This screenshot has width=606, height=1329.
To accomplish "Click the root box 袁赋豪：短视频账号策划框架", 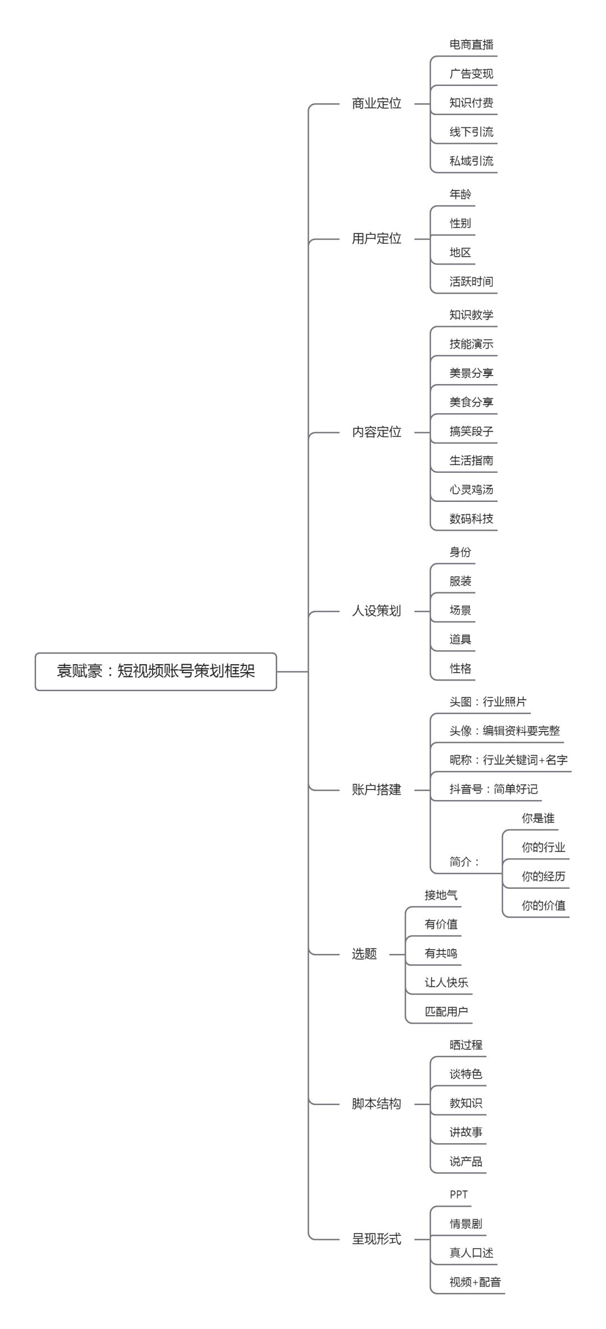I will (155, 671).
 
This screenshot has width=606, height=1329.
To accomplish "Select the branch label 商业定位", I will (377, 103).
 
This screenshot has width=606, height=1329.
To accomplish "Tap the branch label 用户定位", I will (377, 239).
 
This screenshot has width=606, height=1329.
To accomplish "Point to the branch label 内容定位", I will (377, 432).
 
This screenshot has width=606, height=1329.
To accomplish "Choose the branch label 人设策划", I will (377, 611).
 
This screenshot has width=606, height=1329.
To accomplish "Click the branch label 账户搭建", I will (377, 789).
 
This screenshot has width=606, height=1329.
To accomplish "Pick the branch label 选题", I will (364, 953).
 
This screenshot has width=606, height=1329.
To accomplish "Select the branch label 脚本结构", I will (377, 1104).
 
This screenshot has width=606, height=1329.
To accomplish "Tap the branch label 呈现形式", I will (377, 1239).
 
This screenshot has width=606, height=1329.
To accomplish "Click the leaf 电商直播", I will (471, 44).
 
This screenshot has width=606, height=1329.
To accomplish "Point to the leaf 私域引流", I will (471, 161).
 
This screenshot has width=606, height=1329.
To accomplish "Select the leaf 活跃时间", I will (471, 281).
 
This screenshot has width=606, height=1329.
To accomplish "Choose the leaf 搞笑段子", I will (471, 431).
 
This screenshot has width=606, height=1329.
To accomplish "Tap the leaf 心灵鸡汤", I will (471, 490).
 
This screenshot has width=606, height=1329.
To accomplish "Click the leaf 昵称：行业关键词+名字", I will (508, 760).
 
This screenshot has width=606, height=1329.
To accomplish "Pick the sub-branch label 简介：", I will (465, 861).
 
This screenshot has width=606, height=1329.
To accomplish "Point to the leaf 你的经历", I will (543, 876).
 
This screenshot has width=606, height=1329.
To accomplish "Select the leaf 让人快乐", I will (446, 983).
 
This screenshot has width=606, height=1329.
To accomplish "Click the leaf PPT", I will (458, 1195).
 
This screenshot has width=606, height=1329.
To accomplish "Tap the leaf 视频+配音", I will (475, 1282).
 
